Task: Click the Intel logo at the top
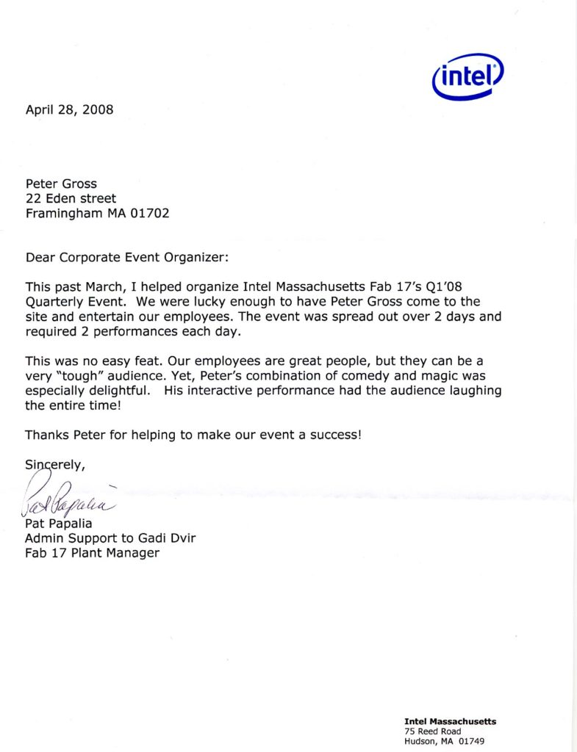tap(468, 77)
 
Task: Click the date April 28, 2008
tap(70, 110)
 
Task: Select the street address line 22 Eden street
tap(71, 198)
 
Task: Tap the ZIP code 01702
tap(154, 214)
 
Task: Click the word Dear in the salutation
tap(41, 258)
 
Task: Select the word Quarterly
tap(56, 303)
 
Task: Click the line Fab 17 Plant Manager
tap(92, 553)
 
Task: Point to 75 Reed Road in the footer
tap(433, 731)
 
